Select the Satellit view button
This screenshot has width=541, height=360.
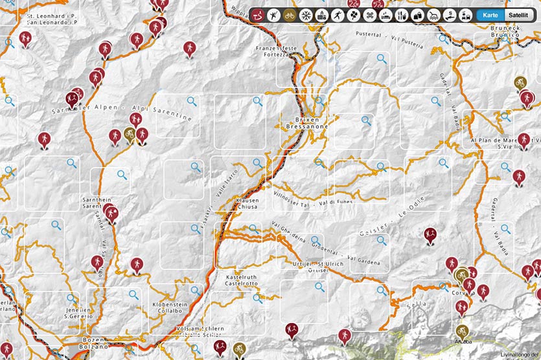pos(518,14)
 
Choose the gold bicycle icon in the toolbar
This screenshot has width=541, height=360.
pos(290,14)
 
